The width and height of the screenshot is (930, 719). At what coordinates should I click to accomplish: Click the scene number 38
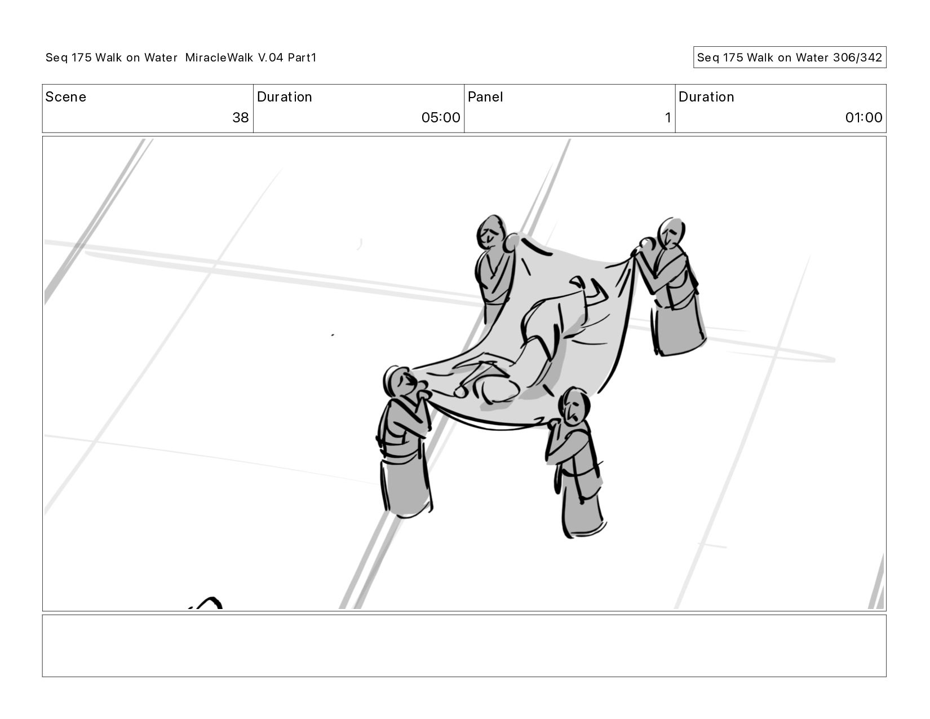[x=240, y=117]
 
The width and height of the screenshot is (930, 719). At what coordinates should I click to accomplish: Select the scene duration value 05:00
[x=440, y=117]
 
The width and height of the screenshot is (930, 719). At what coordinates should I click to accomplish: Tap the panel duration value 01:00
[x=863, y=117]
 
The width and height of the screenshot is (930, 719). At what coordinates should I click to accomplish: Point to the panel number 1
[x=668, y=117]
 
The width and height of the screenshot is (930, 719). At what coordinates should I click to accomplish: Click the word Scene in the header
[x=65, y=97]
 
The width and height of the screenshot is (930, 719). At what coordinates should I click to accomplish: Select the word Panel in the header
[x=485, y=97]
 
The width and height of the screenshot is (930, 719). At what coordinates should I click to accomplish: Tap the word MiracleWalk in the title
[x=219, y=58]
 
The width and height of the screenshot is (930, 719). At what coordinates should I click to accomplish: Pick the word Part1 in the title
[x=302, y=58]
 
